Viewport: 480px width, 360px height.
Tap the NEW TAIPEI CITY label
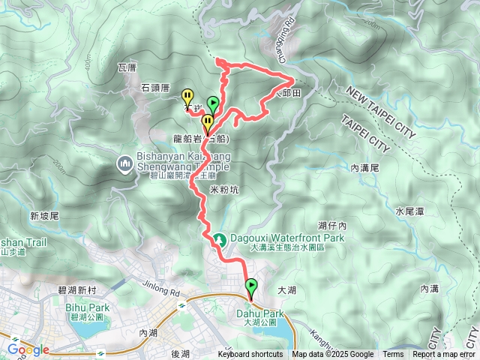tap(380, 112)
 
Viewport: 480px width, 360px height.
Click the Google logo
tap(28, 349)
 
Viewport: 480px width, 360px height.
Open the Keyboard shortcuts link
tap(250, 355)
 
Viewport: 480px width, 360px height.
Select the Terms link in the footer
tap(393, 355)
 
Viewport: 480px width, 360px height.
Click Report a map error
tap(444, 355)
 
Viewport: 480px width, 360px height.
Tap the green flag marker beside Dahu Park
tap(250, 286)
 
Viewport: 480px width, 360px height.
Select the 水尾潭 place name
tap(409, 212)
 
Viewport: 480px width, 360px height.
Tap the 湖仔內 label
tap(331, 224)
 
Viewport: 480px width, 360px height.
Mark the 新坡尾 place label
tap(44, 216)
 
